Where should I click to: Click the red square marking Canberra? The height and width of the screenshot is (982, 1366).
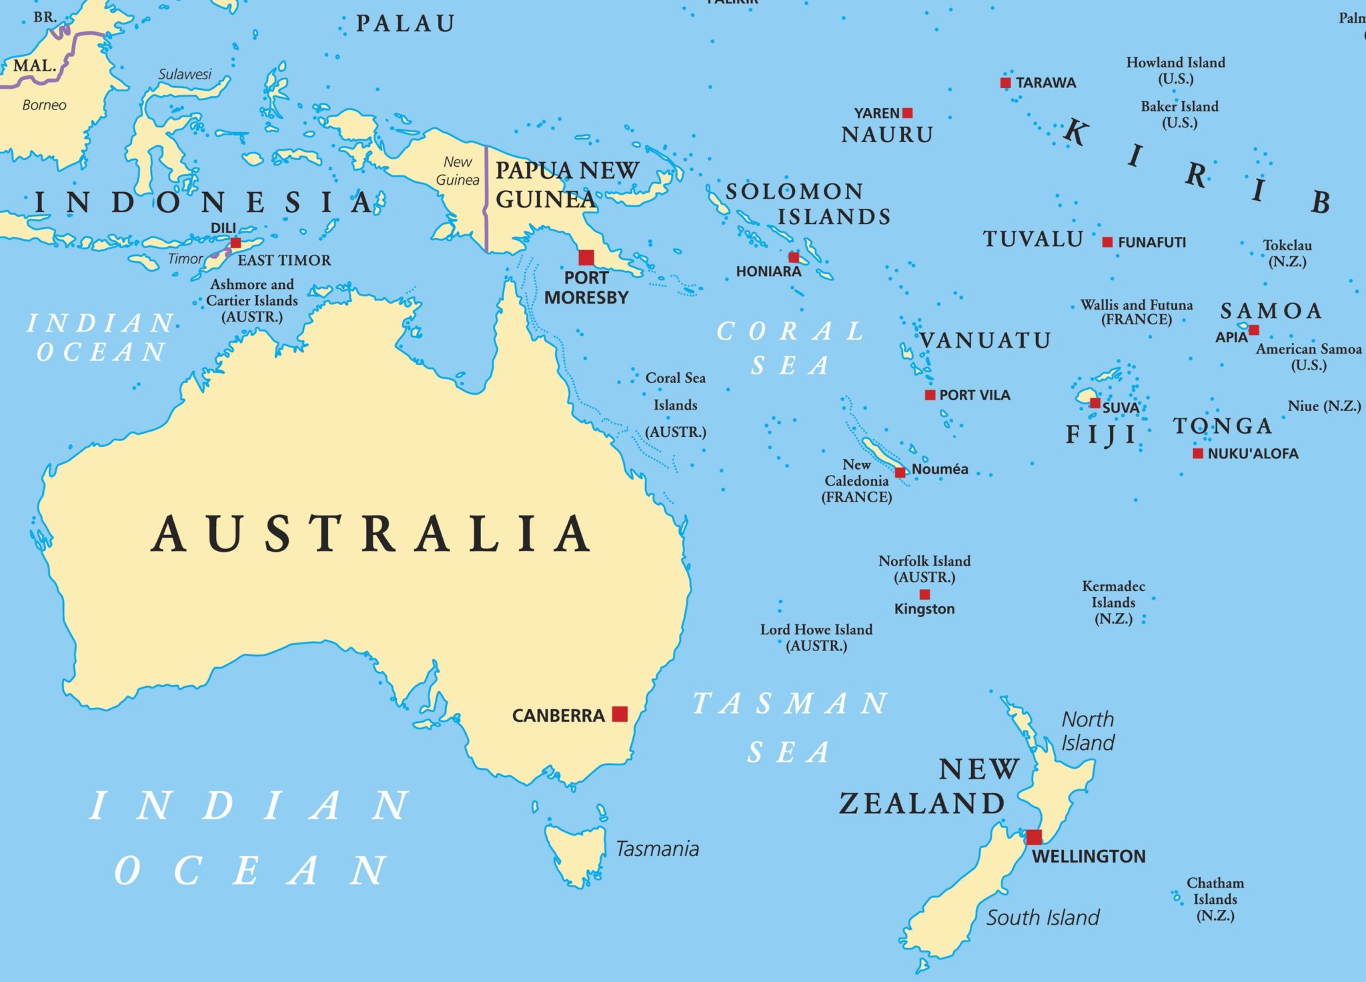coord(620,714)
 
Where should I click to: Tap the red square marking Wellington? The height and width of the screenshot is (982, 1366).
coord(1034,837)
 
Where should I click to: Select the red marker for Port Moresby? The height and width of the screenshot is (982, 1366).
coord(586,258)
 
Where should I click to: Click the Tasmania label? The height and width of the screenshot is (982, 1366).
coord(657,849)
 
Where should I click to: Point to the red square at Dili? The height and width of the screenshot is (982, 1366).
coord(235,243)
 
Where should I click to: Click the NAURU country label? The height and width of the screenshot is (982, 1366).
coord(886,135)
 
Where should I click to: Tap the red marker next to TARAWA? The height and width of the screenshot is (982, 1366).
coord(1005,83)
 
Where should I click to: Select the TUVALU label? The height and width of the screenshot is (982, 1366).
coord(1033,239)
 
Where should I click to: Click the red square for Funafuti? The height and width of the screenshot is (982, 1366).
coord(1107,242)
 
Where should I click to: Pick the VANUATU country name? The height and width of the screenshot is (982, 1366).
coord(985,341)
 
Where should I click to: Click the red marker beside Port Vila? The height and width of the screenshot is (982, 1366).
coord(930,395)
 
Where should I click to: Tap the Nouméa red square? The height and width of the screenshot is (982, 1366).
coord(900,472)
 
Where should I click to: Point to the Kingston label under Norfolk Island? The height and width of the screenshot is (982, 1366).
coord(924,608)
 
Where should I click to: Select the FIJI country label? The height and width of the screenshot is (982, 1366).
coord(1101,435)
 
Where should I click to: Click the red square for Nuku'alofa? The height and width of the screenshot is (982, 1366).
coord(1198,454)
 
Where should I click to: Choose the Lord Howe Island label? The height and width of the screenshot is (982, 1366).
coord(816,630)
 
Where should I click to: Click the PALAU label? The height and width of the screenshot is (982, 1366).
coord(405,24)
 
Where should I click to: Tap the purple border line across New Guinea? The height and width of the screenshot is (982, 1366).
coord(486,200)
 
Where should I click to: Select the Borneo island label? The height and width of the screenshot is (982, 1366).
coord(44,105)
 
